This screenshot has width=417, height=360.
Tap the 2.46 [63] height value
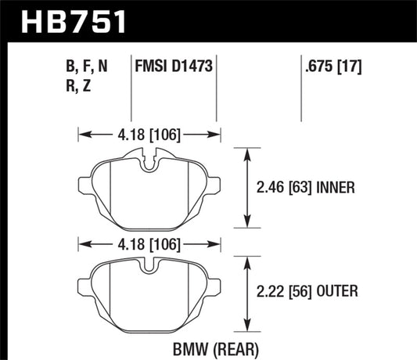pyautogui.click(x=288, y=188)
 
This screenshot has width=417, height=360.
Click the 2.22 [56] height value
pyautogui.click(x=288, y=292)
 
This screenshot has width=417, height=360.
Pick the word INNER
pyautogui.click(x=338, y=188)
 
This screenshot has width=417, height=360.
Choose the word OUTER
pyautogui.click(x=338, y=292)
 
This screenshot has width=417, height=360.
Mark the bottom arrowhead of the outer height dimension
pyautogui.click(x=248, y=328)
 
